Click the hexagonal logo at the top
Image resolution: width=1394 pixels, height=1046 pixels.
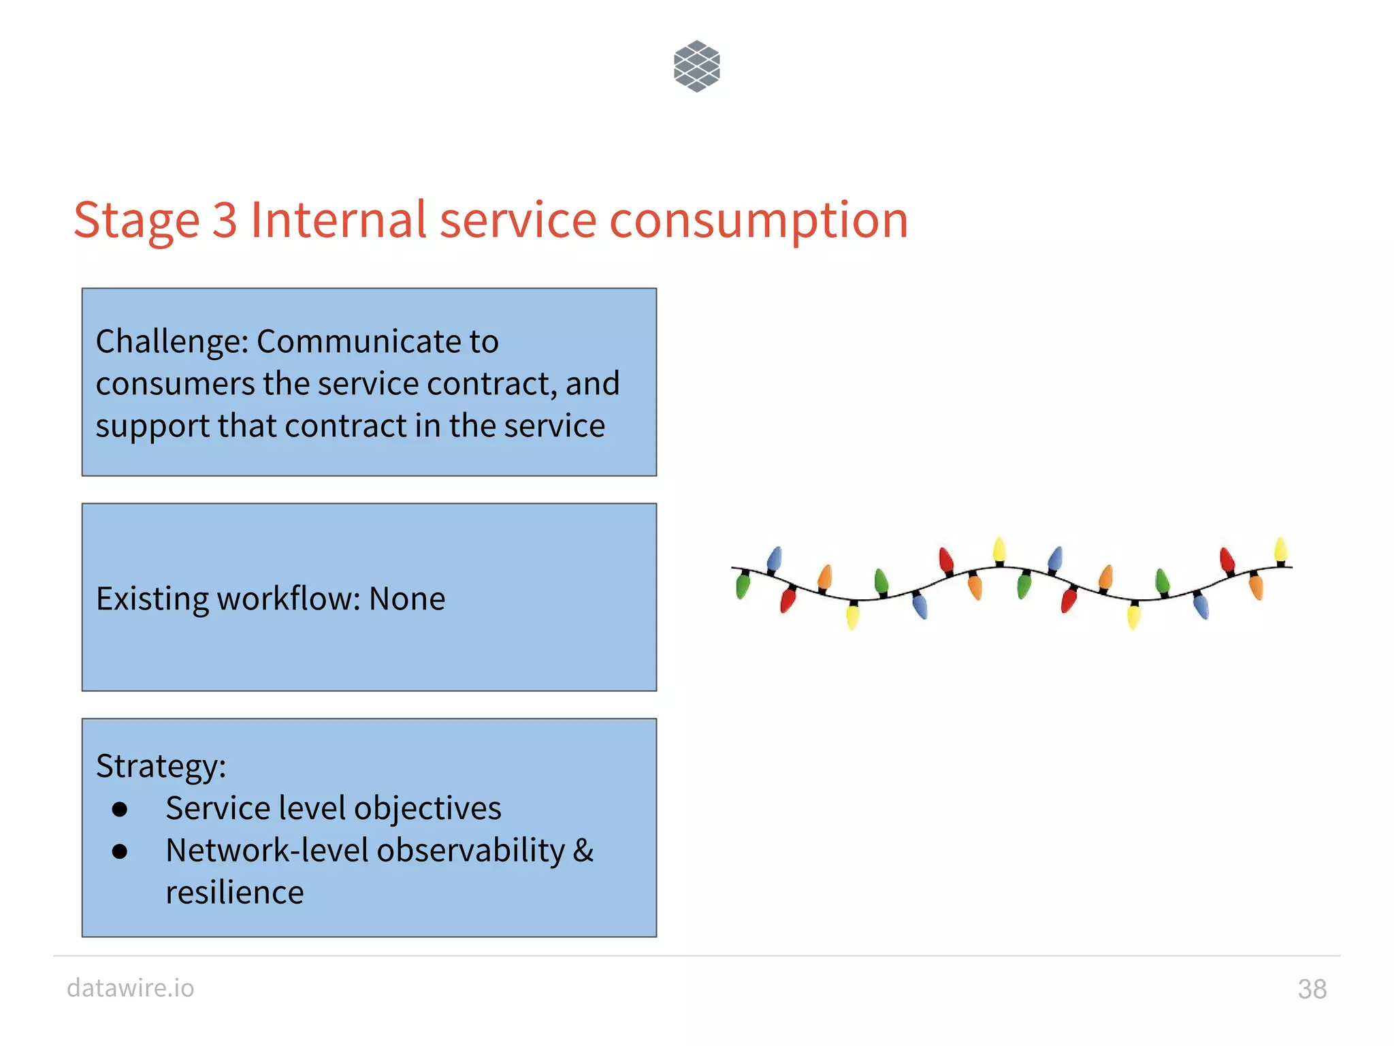coord(696,66)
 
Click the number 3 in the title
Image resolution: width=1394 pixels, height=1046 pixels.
coord(225,220)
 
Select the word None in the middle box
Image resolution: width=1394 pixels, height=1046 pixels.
coord(407,599)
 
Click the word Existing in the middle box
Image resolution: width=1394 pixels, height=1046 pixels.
coord(152,599)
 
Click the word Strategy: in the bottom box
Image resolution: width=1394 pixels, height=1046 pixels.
coord(161,767)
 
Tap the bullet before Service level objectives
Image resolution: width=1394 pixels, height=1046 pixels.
coord(120,809)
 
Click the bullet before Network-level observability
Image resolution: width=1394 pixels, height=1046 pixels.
coord(120,851)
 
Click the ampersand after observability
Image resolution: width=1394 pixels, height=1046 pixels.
coord(583,851)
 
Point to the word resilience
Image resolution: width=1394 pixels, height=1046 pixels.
coord(234,893)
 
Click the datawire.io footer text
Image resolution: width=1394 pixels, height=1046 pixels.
coord(131,987)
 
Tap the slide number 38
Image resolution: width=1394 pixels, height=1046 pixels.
coord(1312,989)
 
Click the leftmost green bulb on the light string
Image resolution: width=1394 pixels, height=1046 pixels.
coord(742,586)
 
